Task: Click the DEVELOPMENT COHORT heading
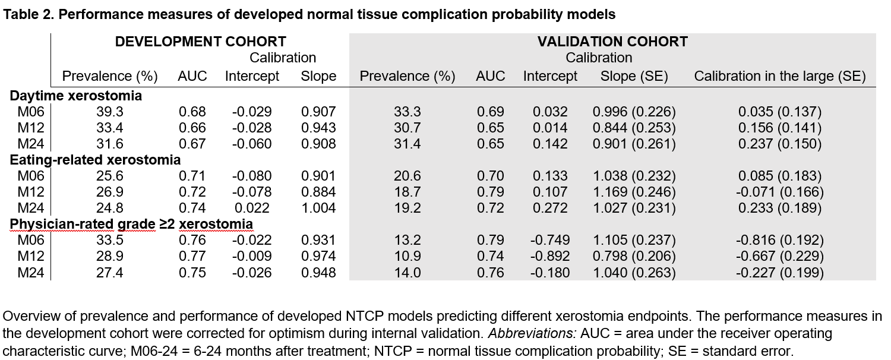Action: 201,42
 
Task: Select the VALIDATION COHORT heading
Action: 612,42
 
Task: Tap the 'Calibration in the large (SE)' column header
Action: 779,76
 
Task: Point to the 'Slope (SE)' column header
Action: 634,76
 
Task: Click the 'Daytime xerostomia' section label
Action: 75,96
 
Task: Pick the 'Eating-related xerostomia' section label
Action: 95,160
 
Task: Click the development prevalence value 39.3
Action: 109,112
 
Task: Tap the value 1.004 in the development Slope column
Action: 318,208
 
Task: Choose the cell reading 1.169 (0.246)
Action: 634,192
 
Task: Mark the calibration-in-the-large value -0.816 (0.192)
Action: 779,240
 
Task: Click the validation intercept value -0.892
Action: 550,256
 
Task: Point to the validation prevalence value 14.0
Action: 407,273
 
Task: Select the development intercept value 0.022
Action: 252,208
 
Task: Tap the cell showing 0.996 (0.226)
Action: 634,112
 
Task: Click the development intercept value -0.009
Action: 252,256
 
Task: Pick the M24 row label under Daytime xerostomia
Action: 31,144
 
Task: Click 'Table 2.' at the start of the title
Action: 28,14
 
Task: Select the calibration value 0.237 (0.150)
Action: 779,144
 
